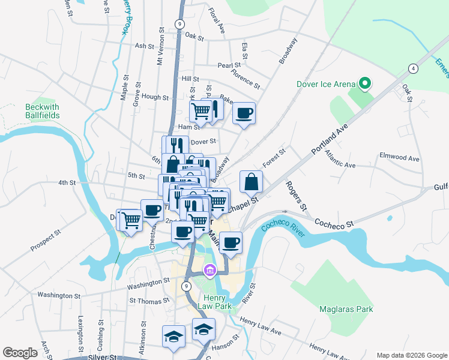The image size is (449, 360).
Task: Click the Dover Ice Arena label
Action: (326, 84)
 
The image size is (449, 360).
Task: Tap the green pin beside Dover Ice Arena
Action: (364, 83)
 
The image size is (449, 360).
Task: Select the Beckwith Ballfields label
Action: (42, 111)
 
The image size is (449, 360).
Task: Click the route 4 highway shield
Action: (413, 68)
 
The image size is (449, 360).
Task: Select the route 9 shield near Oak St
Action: (179, 23)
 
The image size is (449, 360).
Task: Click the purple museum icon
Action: (209, 272)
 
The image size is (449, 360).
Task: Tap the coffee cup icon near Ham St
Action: (244, 113)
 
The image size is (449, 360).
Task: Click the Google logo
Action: (20, 352)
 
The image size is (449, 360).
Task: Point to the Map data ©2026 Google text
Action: (411, 355)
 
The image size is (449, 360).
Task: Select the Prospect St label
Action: (46, 239)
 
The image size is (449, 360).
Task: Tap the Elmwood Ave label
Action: (399, 157)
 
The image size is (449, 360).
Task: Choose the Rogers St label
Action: (297, 196)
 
